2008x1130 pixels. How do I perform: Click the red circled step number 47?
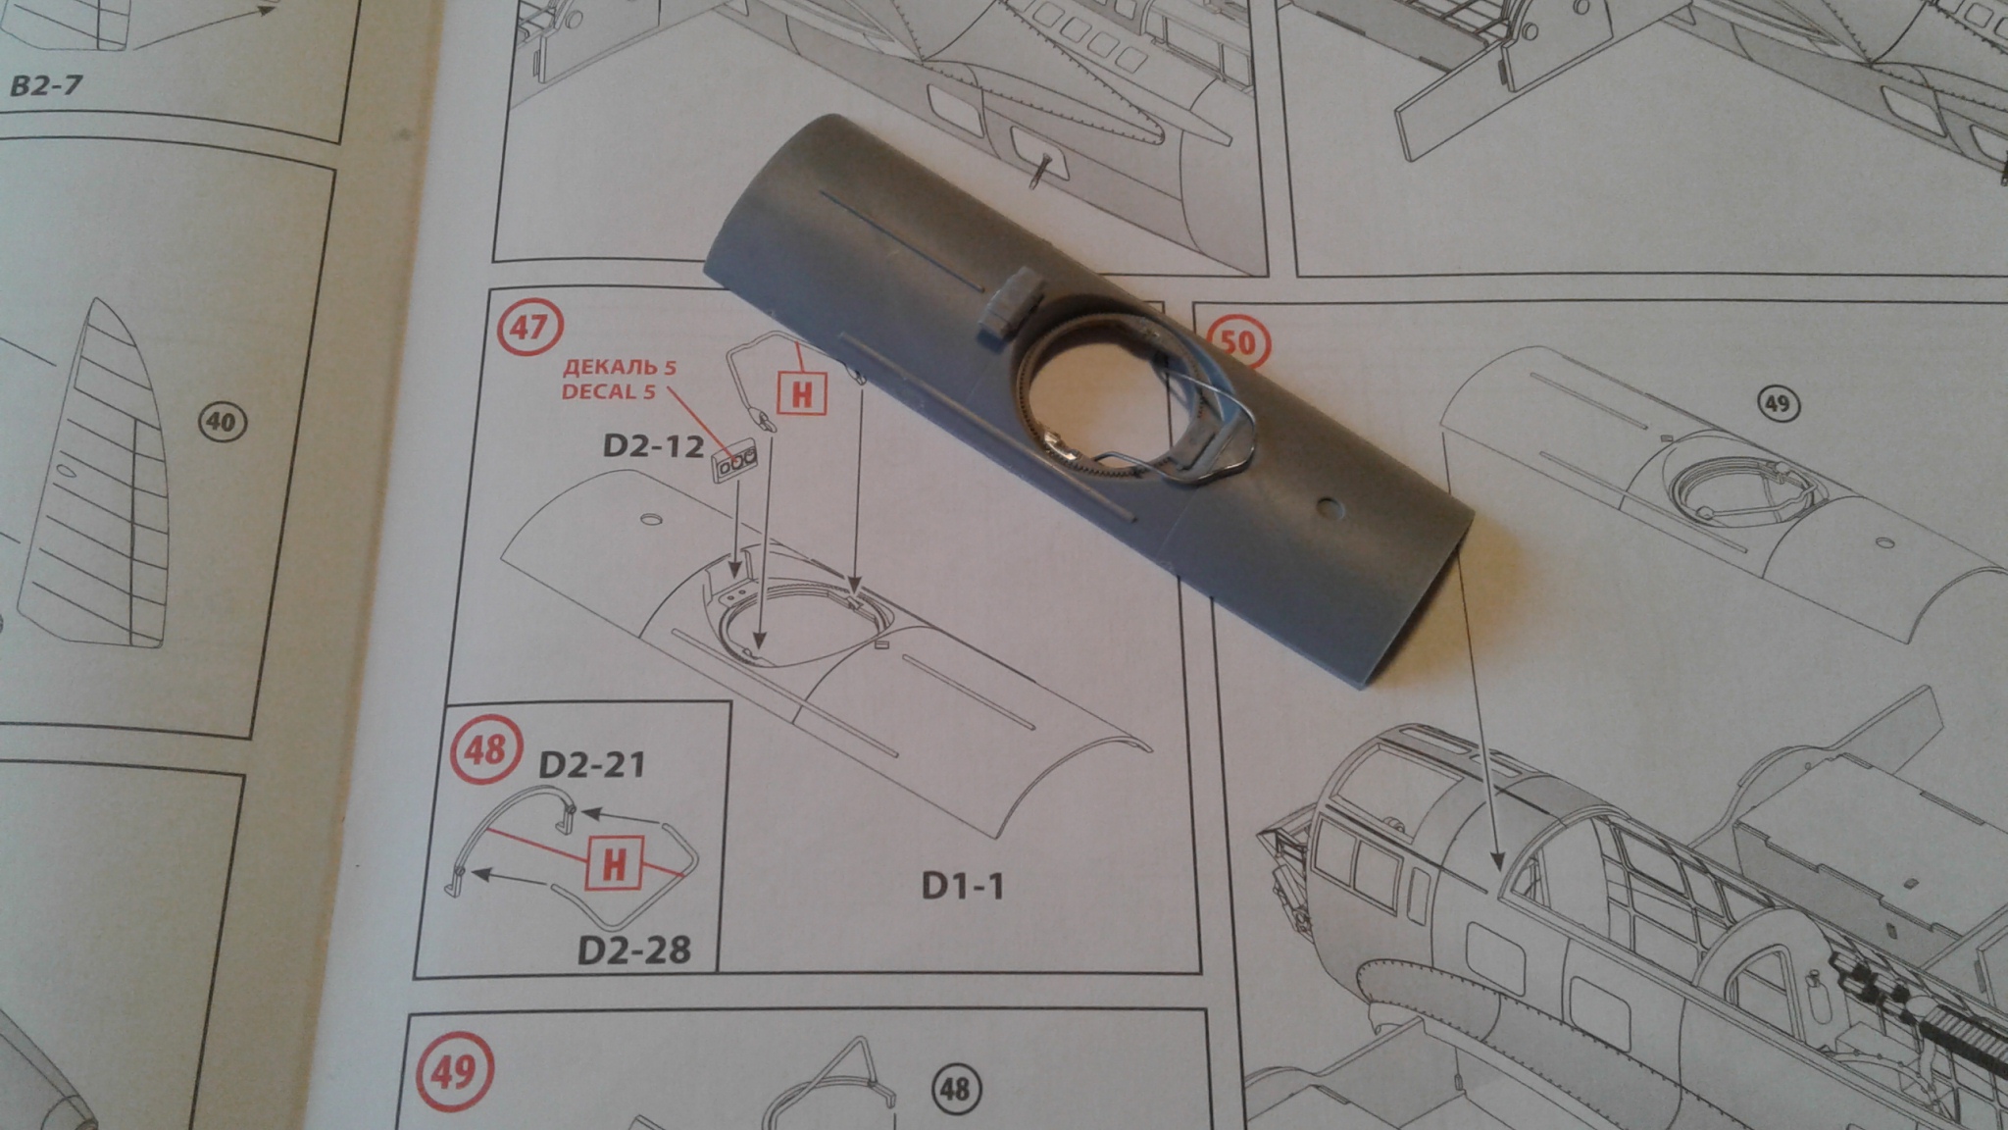528,326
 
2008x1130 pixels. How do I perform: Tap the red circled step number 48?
484,750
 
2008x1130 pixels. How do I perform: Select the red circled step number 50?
1237,342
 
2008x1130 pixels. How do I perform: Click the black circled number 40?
222,423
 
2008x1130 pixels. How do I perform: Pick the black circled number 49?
1776,404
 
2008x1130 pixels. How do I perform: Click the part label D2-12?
653,446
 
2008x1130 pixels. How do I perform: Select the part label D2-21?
592,765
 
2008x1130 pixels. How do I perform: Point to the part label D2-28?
633,950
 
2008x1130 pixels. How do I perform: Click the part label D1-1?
963,887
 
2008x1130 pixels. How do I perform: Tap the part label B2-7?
46,85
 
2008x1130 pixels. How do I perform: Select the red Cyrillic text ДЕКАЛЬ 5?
619,368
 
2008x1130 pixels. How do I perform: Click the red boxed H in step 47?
801,393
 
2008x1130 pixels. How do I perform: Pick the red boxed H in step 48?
614,864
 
